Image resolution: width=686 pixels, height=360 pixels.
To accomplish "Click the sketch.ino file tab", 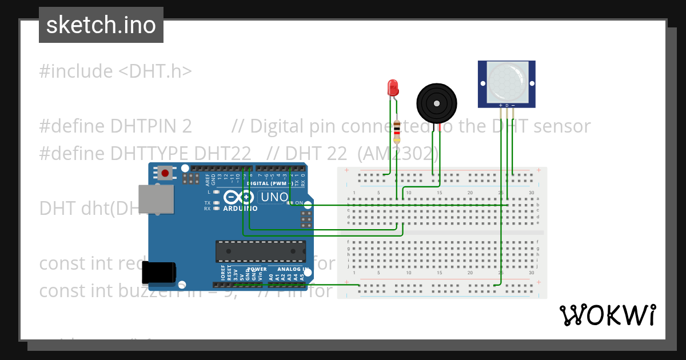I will point(101,25).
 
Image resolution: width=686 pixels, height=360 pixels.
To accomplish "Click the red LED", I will point(393,87).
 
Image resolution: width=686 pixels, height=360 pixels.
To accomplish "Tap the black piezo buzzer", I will point(437,103).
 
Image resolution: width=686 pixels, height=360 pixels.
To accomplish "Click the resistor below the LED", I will point(397,133).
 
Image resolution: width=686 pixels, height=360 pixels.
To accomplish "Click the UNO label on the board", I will point(274,198).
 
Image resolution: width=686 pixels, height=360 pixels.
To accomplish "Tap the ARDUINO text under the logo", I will point(241,209).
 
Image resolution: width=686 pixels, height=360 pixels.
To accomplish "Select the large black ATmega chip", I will point(261,251).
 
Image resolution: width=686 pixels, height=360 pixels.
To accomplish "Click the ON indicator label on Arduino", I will point(299,202).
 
